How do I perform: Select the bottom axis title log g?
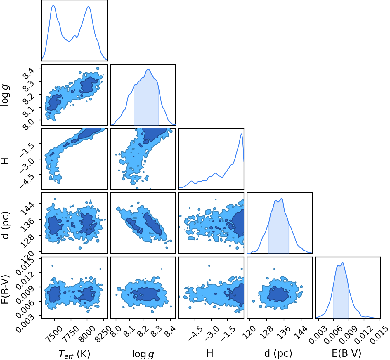pyautogui.click(x=143, y=354)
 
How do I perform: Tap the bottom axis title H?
pyautogui.click(x=210, y=354)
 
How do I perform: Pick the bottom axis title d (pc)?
pyautogui.click(x=278, y=354)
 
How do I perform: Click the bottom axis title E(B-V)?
pyautogui.click(x=346, y=354)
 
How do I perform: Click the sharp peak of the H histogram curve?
pyautogui.click(x=242, y=134)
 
